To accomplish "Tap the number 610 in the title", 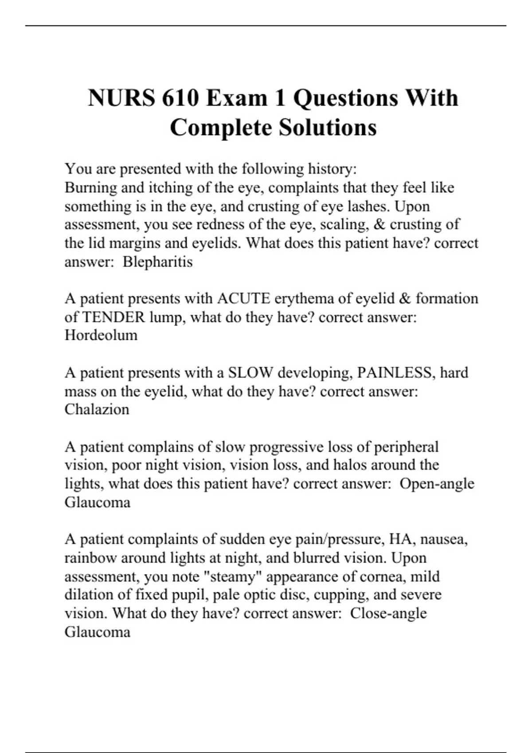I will [x=180, y=98].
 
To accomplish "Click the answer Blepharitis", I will [x=157, y=262].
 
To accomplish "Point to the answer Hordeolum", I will [x=101, y=335].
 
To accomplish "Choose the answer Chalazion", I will [x=97, y=409].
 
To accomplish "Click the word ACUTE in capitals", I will [x=243, y=299].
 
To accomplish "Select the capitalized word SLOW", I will [x=250, y=373].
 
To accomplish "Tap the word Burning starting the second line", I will [x=91, y=188].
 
